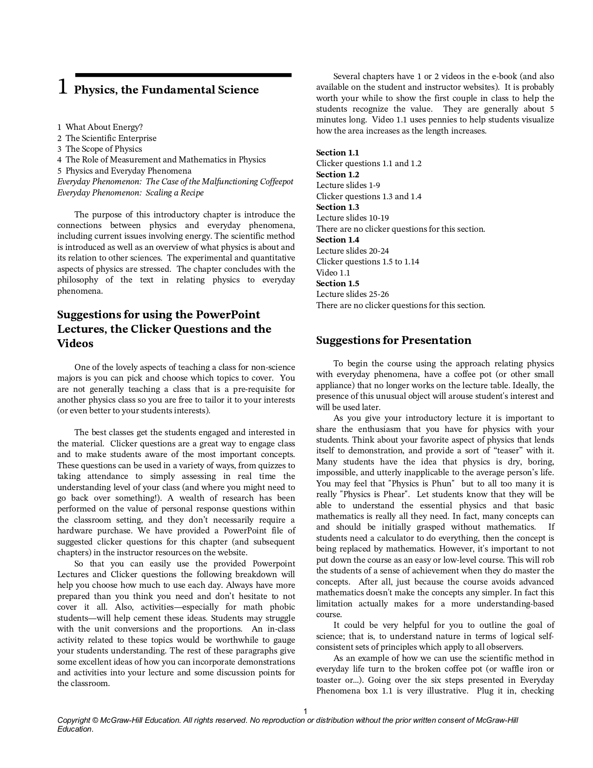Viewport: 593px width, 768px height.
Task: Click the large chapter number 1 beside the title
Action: pyautogui.click(x=63, y=87)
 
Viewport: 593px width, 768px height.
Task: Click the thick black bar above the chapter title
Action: pyautogui.click(x=183, y=75)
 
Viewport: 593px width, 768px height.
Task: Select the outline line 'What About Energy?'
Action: pyautogui.click(x=104, y=127)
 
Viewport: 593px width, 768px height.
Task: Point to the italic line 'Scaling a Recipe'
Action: pyautogui.click(x=174, y=193)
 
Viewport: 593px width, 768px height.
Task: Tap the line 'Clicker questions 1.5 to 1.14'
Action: pyautogui.click(x=367, y=262)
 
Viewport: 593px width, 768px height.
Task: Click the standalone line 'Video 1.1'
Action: pyautogui.click(x=333, y=273)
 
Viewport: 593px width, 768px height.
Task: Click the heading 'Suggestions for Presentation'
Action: pyautogui.click(x=393, y=340)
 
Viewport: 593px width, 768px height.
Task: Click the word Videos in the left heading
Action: pyautogui.click(x=75, y=344)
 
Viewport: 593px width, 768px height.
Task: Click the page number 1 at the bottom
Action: pyautogui.click(x=305, y=711)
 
